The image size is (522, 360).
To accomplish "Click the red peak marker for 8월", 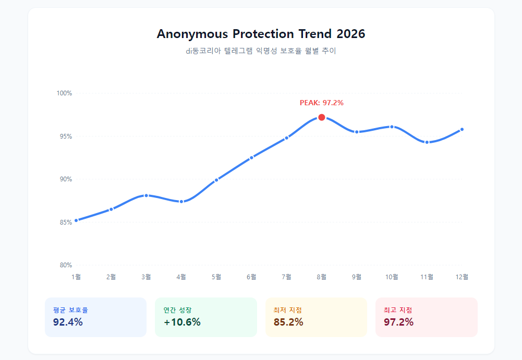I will [x=322, y=117].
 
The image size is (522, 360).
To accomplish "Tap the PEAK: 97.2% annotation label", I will [x=321, y=103].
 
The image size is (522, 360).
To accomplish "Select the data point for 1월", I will [x=76, y=220].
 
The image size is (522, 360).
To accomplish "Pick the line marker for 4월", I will [x=181, y=202].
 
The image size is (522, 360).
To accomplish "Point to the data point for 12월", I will [x=462, y=129].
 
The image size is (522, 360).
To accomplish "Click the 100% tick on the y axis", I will [x=64, y=93].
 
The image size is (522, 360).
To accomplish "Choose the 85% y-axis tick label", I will [x=65, y=222].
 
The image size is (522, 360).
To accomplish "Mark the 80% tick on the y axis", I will [x=65, y=265].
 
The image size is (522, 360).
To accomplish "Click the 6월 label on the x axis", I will [x=251, y=277].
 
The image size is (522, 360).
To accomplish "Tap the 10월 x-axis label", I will [x=392, y=277].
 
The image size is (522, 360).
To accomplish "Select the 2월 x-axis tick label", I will [x=111, y=277].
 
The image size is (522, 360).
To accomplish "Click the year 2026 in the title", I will [x=351, y=34].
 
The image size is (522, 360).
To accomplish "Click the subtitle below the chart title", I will [x=261, y=51].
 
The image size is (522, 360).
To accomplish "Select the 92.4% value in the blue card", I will [x=68, y=322].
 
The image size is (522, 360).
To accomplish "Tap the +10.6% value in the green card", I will [x=182, y=322].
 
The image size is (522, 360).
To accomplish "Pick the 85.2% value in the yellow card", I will [x=288, y=322].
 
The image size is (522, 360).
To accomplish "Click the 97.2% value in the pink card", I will [x=398, y=322].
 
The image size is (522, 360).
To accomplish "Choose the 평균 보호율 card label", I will [x=70, y=310].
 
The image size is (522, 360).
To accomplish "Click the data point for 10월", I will [x=392, y=127].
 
